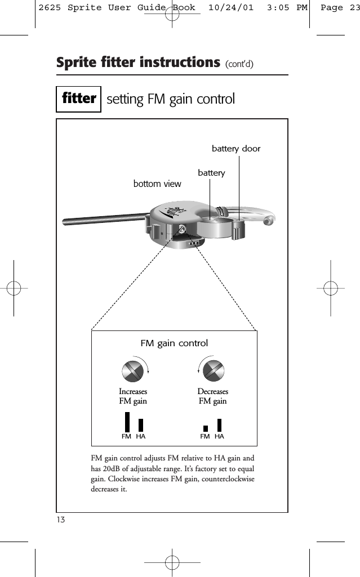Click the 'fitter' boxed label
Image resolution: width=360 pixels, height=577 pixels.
(x=79, y=99)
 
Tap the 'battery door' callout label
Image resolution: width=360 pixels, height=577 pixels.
(x=236, y=149)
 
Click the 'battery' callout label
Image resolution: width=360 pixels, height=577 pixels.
(x=211, y=173)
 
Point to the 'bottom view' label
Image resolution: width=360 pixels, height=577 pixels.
(x=157, y=184)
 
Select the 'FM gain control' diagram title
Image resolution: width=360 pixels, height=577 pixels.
(x=174, y=343)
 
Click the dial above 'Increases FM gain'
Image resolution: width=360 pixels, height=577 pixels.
(x=134, y=370)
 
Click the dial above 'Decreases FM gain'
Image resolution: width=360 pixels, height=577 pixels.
(x=213, y=370)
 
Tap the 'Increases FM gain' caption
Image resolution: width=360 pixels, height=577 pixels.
(x=133, y=396)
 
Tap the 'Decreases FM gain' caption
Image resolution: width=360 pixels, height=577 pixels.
(x=213, y=396)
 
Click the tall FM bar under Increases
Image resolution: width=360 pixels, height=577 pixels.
(x=127, y=422)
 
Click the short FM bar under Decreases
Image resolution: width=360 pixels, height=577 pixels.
(x=206, y=428)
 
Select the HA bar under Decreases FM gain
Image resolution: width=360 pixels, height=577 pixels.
(x=219, y=425)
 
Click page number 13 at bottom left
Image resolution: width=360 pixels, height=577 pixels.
(x=61, y=519)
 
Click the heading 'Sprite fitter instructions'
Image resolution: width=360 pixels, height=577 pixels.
(x=138, y=62)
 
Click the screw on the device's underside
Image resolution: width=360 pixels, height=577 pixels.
(x=183, y=229)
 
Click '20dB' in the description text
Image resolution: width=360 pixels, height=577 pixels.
(x=114, y=469)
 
